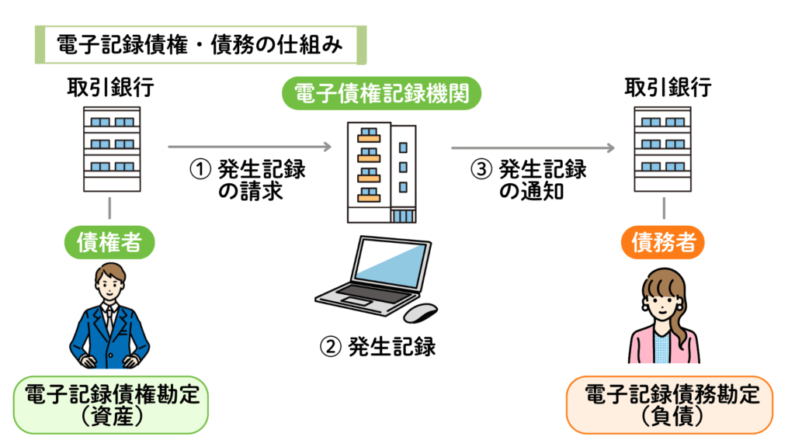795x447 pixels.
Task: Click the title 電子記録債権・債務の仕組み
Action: coord(200,44)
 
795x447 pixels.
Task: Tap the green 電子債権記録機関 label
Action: coord(381,93)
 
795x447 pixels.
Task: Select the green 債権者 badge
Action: coord(109,242)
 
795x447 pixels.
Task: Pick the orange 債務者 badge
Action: coord(663,242)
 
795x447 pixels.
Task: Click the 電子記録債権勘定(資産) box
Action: coord(110,405)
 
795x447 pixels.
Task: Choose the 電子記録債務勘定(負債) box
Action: coord(670,405)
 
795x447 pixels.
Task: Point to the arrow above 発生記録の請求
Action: coord(249,147)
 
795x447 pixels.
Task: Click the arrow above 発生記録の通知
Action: coord(533,147)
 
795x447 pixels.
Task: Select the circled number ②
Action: coord(330,347)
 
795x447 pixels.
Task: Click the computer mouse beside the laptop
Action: coord(420,313)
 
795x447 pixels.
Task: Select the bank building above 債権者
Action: coord(112,149)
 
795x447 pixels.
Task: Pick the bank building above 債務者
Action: coord(663,149)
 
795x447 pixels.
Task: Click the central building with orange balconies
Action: coord(382,172)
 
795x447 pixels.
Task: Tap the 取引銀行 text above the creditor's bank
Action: coord(110,88)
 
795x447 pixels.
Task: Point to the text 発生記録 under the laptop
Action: coord(392,347)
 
